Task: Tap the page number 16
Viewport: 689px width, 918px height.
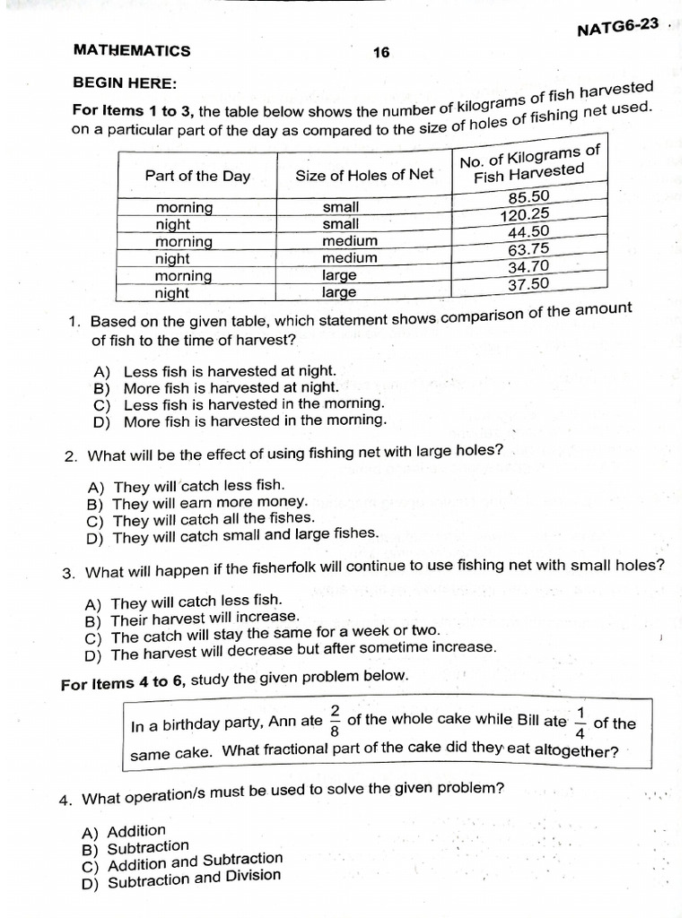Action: tap(381, 52)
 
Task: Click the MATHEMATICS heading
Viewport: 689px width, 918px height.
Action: tap(132, 51)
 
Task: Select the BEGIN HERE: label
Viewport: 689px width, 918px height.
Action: tap(125, 83)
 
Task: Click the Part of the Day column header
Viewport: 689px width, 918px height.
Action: tap(197, 176)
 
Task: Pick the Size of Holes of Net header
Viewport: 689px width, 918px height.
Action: tap(364, 175)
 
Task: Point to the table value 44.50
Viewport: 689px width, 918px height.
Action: tap(528, 233)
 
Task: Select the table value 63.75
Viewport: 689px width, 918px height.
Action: tap(528, 250)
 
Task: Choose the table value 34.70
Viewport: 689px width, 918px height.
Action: tap(528, 267)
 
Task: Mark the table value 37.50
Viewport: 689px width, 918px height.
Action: tap(528, 284)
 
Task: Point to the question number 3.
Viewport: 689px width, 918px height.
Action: tap(68, 573)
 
